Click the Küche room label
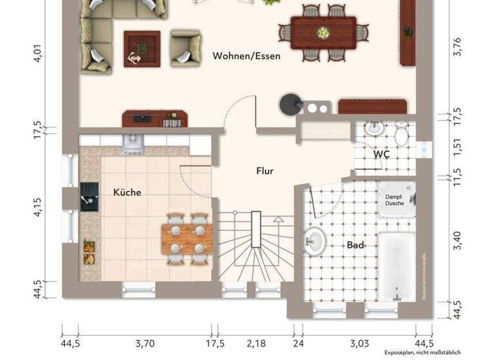point(127,192)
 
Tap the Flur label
point(265,171)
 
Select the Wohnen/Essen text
point(246,57)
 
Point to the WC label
point(381,155)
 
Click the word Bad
point(355,245)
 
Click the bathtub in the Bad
point(396,265)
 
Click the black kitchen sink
point(89,196)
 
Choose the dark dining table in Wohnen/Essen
point(323,32)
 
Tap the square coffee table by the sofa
point(142,48)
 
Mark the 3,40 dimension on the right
point(457,239)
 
